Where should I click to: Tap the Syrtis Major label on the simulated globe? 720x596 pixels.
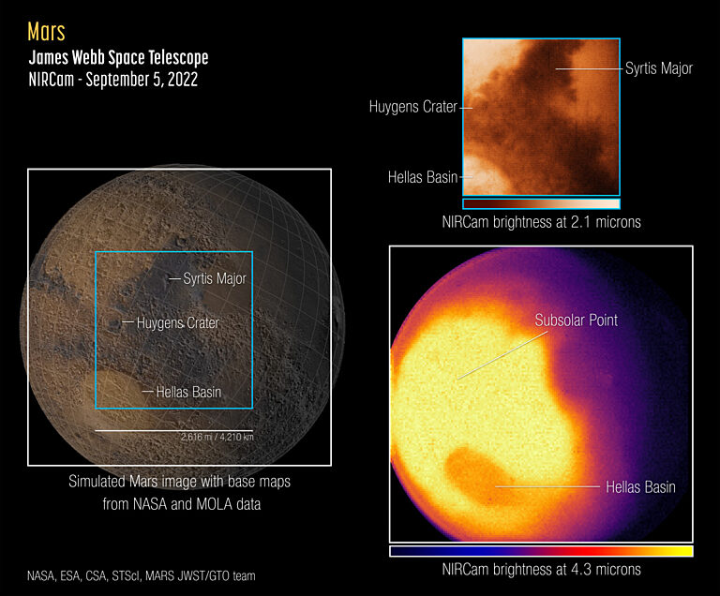pyautogui.click(x=215, y=278)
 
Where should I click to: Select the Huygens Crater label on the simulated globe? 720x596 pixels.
pyautogui.click(x=177, y=323)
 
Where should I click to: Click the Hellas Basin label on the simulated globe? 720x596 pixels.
pyautogui.click(x=188, y=392)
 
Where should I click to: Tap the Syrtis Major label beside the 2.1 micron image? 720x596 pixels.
pyautogui.click(x=658, y=68)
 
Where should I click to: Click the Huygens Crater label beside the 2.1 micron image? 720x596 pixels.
pyautogui.click(x=412, y=107)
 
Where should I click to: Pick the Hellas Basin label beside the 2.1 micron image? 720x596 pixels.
pyautogui.click(x=423, y=176)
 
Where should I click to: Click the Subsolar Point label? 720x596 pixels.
pyautogui.click(x=576, y=320)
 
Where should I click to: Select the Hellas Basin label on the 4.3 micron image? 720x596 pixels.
pyautogui.click(x=640, y=487)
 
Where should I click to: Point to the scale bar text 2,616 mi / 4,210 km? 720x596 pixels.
pyautogui.click(x=217, y=438)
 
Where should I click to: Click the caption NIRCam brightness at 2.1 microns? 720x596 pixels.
pyautogui.click(x=541, y=222)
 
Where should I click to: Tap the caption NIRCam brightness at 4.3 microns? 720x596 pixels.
pyautogui.click(x=541, y=569)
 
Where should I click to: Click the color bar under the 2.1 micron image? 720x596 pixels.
pyautogui.click(x=541, y=202)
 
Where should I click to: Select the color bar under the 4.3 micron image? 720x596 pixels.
pyautogui.click(x=541, y=551)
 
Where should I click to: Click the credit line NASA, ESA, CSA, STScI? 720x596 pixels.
pyautogui.click(x=141, y=575)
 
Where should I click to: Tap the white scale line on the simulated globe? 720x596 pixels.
pyautogui.click(x=173, y=430)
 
